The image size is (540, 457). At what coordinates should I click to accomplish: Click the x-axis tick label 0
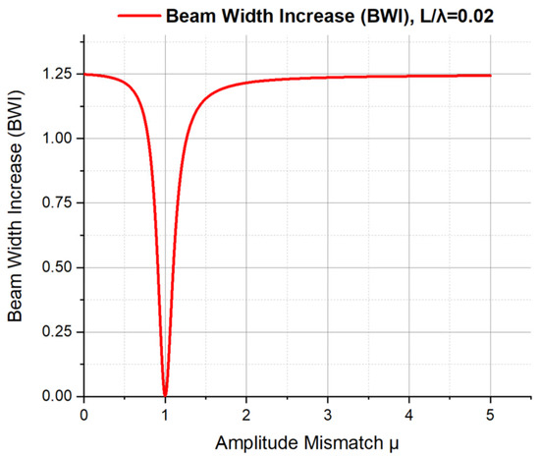(x=84, y=413)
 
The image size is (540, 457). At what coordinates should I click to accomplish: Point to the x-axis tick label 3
(x=328, y=413)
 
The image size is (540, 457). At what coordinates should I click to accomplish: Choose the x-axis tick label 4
(x=409, y=413)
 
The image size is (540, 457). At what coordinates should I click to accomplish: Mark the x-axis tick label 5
(x=490, y=413)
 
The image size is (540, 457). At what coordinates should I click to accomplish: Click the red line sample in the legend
(x=137, y=16)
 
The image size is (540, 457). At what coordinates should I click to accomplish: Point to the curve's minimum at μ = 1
(x=165, y=394)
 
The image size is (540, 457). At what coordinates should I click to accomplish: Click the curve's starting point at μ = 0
(x=84, y=74)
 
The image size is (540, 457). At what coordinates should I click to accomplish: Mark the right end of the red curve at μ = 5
(x=490, y=75)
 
